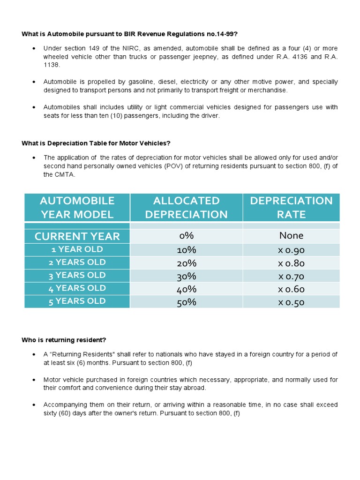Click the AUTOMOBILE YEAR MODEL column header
click(77, 207)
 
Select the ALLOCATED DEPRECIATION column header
click(186, 207)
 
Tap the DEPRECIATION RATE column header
click(291, 207)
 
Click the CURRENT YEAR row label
click(77, 236)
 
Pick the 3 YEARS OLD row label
click(77, 275)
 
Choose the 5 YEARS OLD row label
click(77, 301)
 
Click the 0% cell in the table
click(186, 236)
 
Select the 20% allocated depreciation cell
click(186, 262)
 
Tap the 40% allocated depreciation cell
click(186, 289)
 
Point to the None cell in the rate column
click(291, 236)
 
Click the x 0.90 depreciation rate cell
click(291, 250)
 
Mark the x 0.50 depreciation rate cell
click(291, 302)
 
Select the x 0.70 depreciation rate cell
click(291, 276)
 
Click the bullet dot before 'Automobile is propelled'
click(34, 82)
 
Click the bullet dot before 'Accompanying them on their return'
click(34, 405)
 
